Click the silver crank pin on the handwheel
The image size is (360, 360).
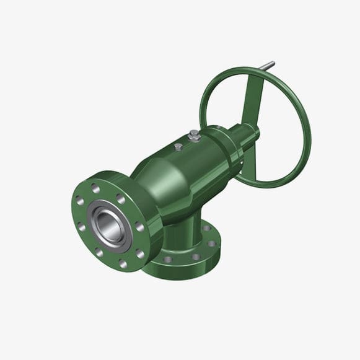click(268, 66)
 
